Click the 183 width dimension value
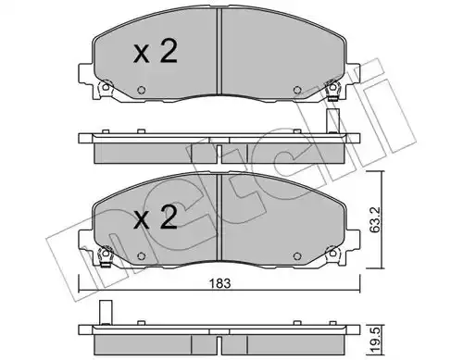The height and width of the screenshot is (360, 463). pos(219,283)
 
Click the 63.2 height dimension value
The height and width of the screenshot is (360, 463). pos(374,219)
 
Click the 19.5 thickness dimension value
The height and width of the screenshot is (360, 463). pos(374,341)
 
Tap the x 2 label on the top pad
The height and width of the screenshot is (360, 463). pos(156,52)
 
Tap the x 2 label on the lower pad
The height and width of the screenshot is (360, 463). pos(156,217)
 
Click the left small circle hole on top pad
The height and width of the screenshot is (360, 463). pos(142,90)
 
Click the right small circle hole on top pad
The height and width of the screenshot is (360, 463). pos(297,90)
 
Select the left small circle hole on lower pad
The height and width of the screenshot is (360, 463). pos(142,255)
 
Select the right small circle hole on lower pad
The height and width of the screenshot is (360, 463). pos(297,255)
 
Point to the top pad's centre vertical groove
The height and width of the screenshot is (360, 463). pos(219,51)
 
